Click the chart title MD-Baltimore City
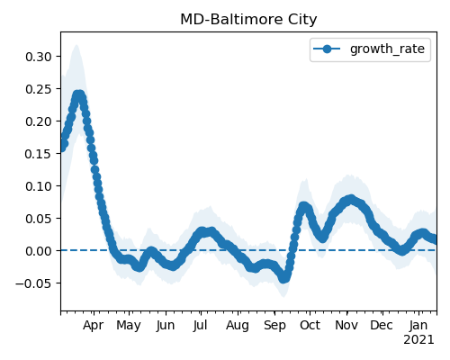click(248, 20)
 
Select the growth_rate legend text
click(387, 49)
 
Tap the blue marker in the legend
click(327, 49)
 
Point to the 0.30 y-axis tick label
click(39, 57)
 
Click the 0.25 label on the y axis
click(39, 89)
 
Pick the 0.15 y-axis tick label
click(39, 154)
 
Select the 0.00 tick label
click(39, 251)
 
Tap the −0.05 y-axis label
click(33, 283)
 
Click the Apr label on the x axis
click(94, 325)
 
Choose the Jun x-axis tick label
click(166, 325)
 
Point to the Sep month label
click(274, 325)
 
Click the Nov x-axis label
click(346, 325)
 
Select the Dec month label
click(382, 325)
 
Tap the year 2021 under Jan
click(418, 340)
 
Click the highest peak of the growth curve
click(78, 96)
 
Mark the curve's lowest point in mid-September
click(283, 277)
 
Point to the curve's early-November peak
click(350, 199)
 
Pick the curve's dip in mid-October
click(322, 238)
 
